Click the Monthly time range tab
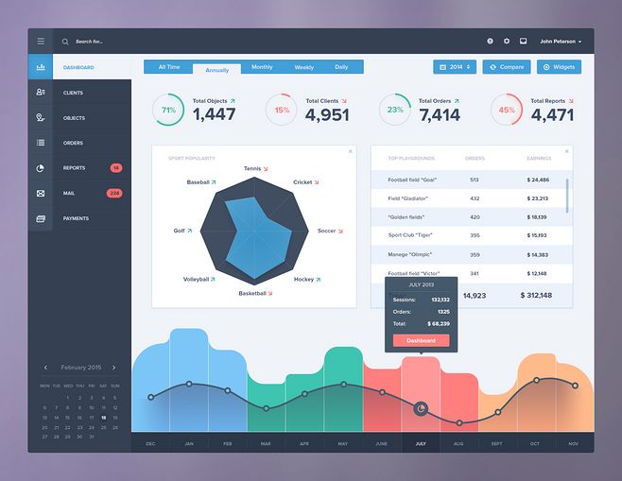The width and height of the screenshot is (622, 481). pos(262,67)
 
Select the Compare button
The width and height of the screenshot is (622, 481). pos(507,67)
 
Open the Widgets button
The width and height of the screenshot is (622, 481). pos(559,67)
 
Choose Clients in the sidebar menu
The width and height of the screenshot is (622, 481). pos(73,93)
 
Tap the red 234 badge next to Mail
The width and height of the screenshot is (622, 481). pos(114,193)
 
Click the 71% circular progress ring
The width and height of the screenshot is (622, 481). pos(168,110)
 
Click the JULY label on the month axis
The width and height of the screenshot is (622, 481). pos(420,443)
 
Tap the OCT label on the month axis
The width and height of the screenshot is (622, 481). pos(536,443)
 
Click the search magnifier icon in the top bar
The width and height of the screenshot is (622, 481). pos(65,42)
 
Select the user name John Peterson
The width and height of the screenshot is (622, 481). pos(560,42)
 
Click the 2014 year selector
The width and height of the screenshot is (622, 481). pos(455,67)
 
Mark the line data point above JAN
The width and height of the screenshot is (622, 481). pos(189,384)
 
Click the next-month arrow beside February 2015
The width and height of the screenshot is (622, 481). pos(113,367)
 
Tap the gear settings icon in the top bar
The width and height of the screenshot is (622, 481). pos(506,42)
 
